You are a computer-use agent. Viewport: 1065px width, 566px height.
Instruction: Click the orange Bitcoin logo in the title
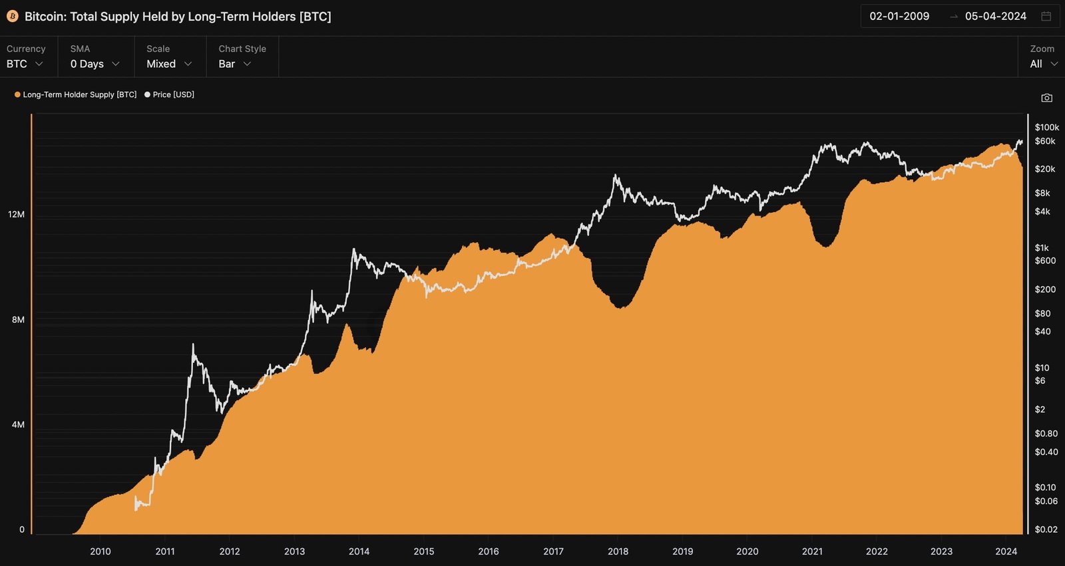coord(12,17)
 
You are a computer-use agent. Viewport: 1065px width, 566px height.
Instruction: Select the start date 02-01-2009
coord(899,17)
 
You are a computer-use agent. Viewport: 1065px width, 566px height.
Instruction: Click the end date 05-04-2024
coord(995,17)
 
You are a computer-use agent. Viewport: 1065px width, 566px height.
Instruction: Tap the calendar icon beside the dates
coord(1046,17)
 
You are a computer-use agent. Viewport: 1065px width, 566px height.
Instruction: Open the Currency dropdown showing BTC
coord(25,64)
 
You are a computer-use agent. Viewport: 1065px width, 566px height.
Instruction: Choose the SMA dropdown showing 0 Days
coord(95,64)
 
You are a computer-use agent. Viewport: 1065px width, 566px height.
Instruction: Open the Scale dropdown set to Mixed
coord(168,64)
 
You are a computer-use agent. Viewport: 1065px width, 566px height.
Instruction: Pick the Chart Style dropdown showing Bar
coord(234,64)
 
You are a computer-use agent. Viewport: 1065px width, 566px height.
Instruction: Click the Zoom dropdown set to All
coord(1043,64)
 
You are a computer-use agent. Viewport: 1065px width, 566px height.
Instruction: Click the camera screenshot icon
coord(1047,98)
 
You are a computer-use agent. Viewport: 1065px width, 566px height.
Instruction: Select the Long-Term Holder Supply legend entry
coord(76,94)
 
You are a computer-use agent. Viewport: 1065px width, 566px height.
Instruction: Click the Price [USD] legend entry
coord(170,94)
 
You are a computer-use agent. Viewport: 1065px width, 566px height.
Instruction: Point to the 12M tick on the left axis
coord(16,214)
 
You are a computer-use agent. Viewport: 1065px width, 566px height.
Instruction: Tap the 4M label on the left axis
coord(18,424)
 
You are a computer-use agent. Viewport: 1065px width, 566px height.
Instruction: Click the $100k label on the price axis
coord(1046,127)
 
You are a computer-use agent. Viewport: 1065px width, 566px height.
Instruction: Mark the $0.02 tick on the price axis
coord(1046,529)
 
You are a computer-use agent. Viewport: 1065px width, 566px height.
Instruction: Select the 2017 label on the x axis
coord(553,551)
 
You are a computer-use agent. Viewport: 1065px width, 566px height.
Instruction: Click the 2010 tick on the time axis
coord(101,551)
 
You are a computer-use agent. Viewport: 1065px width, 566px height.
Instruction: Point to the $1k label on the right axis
coord(1042,247)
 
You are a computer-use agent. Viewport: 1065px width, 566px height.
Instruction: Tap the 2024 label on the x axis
coord(1006,551)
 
